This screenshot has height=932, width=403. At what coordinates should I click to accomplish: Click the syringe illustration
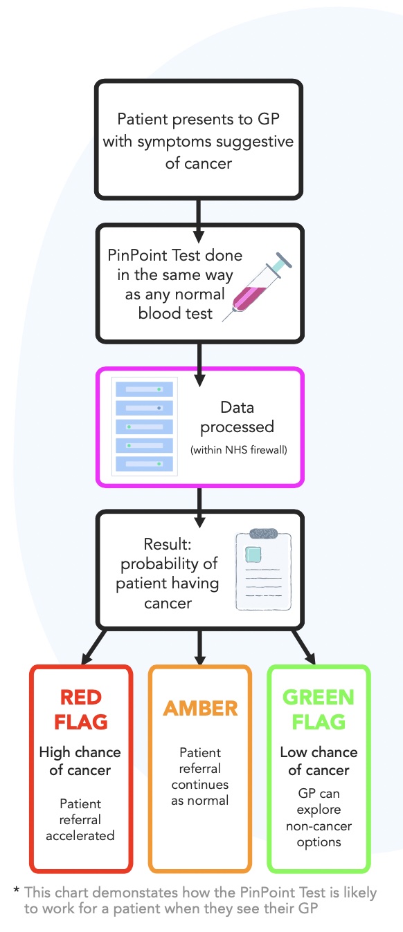pos(257,287)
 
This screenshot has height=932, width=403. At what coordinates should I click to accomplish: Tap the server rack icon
pos(145,427)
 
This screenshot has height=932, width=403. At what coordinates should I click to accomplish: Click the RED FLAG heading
pos(81,709)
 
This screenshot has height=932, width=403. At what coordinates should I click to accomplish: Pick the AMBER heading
pos(200,708)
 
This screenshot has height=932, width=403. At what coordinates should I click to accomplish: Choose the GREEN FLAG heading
pos(319,709)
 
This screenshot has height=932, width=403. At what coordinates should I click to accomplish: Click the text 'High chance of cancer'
pos(80,761)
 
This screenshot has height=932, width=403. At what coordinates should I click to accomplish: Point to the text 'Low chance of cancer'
pos(319,761)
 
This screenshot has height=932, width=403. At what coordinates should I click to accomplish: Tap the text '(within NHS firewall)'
pos(239,450)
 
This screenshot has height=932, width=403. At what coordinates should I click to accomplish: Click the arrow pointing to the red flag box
pos(93,647)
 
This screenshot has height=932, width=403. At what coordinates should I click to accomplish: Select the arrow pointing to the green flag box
pos(304,647)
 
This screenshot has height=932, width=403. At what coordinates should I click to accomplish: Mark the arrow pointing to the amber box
pos(200,647)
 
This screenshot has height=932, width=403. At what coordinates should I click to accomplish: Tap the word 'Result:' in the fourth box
pos(168,544)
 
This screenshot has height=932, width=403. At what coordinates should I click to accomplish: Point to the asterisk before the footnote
pos(16,890)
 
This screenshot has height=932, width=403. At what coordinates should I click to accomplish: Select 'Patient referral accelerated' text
pos(80,819)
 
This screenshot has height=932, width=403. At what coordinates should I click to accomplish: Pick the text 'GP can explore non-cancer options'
pos(319,817)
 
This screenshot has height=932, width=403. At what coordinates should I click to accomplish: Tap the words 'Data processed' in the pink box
pos(237,418)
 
